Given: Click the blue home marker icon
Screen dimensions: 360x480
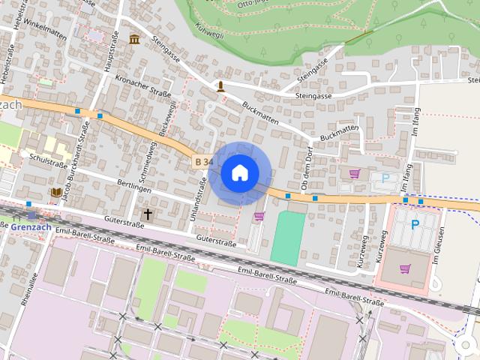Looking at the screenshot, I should (x=240, y=173).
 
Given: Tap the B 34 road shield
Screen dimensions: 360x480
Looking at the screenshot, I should (x=202, y=161).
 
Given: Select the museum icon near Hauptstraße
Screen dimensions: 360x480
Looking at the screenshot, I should (x=134, y=39).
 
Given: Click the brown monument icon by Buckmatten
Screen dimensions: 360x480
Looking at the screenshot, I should (x=220, y=86).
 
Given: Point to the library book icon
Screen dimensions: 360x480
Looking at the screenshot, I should (x=56, y=193).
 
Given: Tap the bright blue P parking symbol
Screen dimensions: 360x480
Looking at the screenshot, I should (x=415, y=224).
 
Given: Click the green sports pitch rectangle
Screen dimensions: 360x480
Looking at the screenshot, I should (x=287, y=237).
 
